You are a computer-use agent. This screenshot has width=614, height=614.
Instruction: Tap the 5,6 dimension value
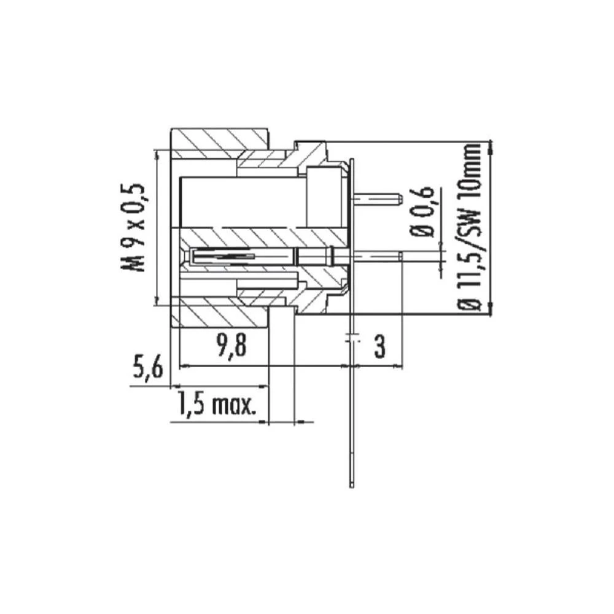point(147,370)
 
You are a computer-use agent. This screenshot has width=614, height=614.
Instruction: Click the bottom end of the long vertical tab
point(351,485)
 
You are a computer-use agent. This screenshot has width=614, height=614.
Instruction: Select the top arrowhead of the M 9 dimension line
point(157,155)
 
